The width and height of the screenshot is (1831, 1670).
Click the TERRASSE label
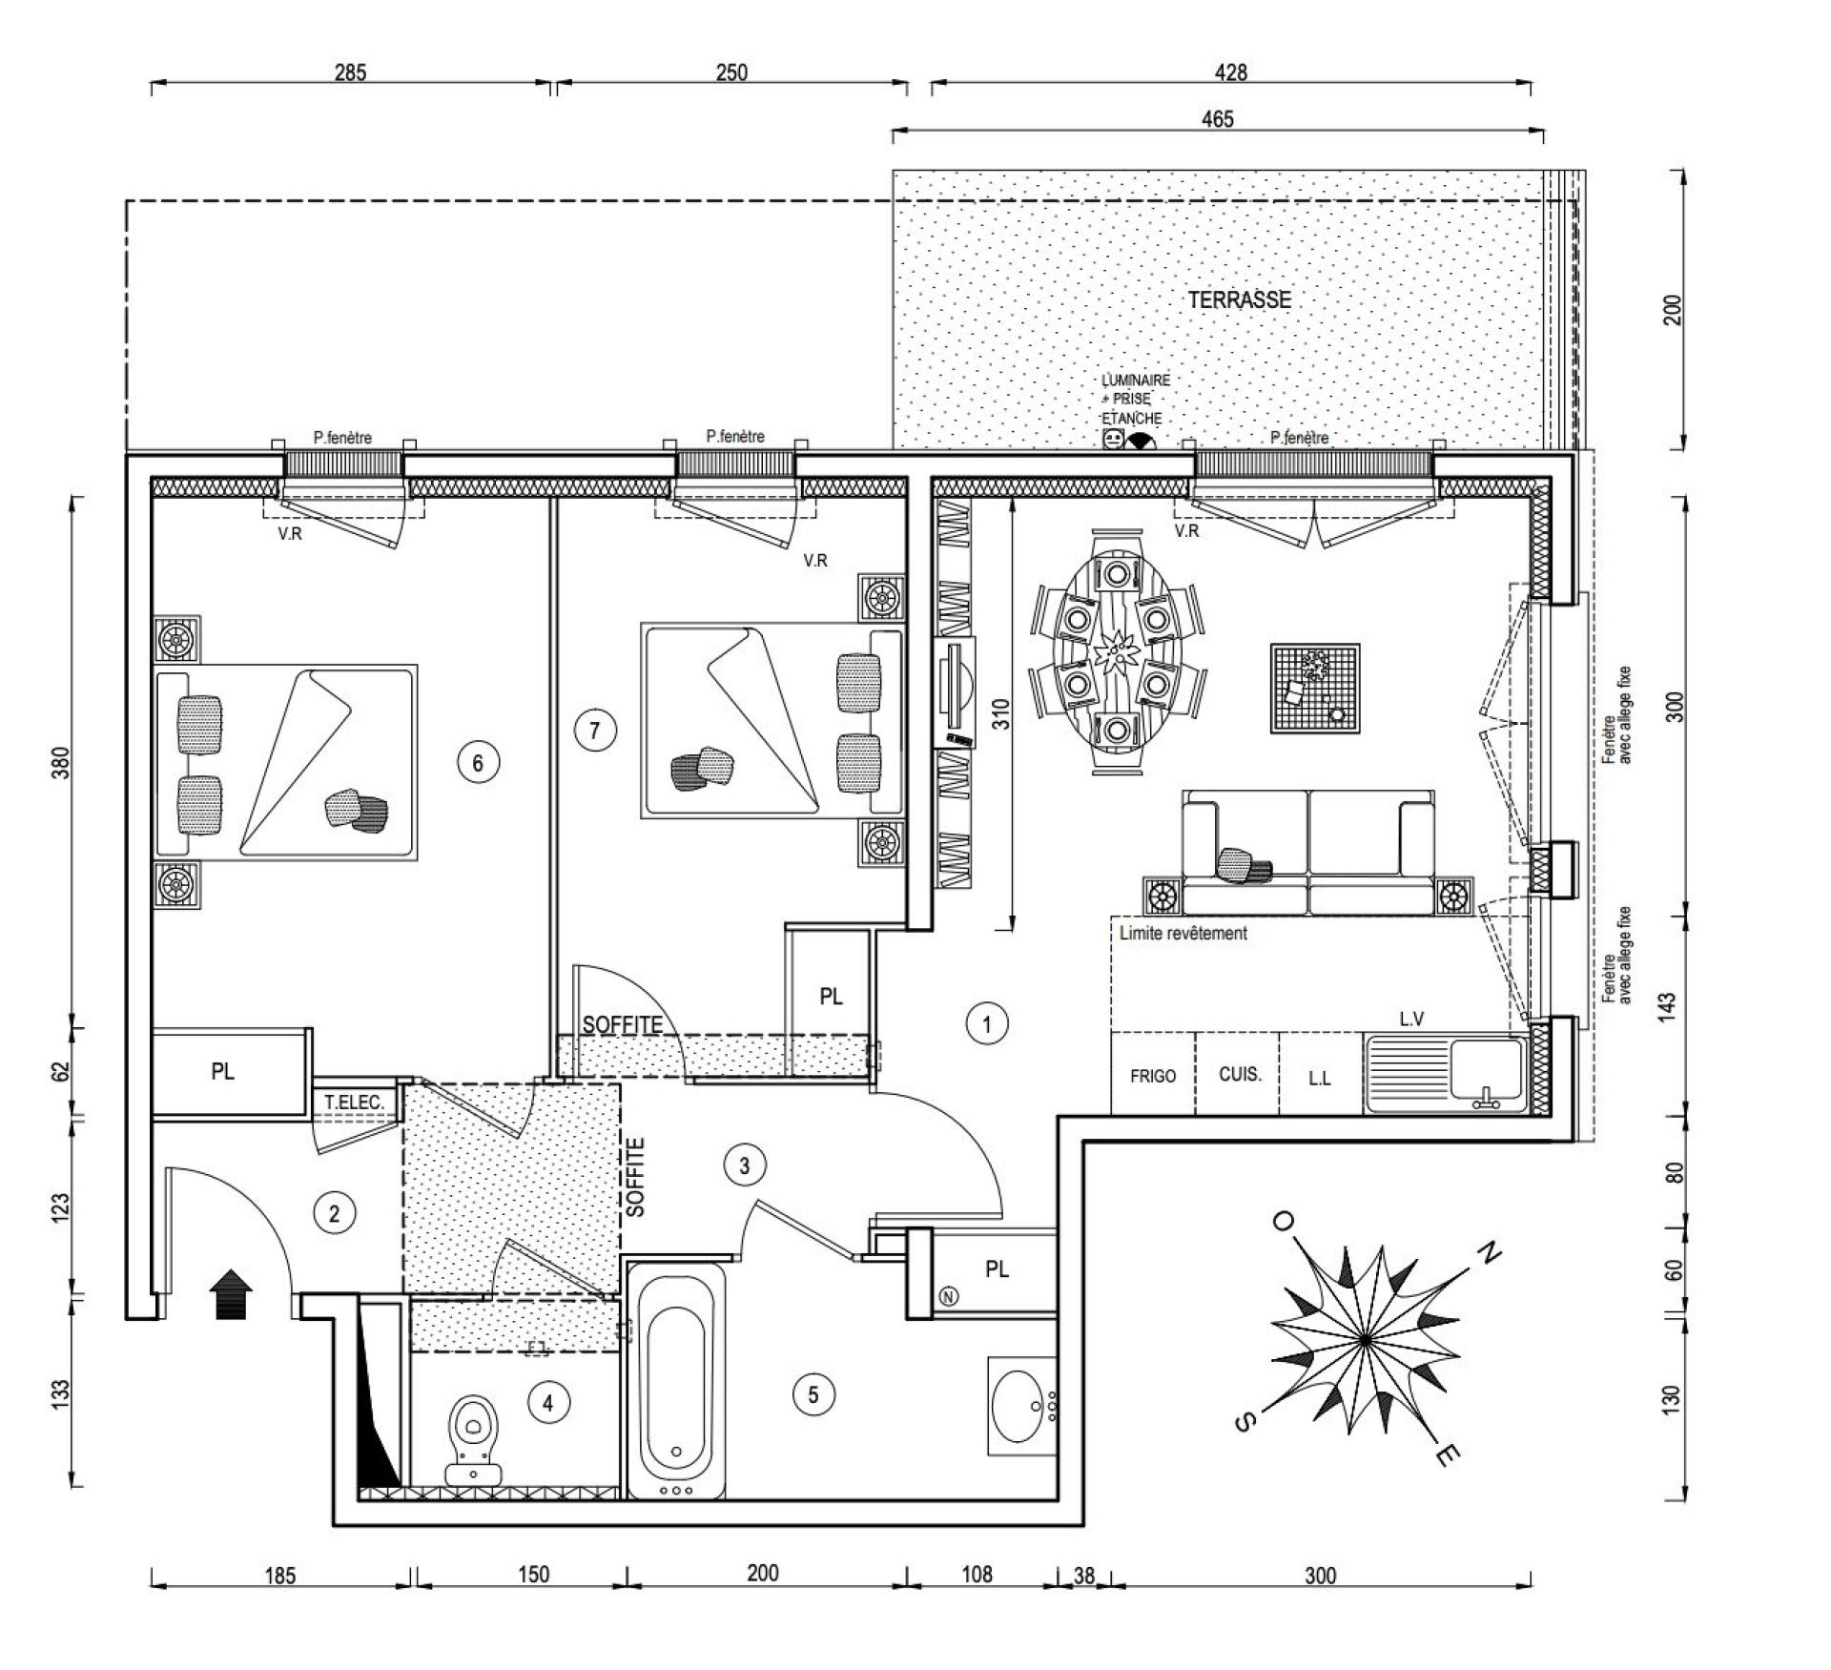click(x=1239, y=299)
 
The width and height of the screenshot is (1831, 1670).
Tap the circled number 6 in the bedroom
click(x=478, y=762)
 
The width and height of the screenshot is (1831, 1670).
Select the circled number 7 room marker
click(x=595, y=731)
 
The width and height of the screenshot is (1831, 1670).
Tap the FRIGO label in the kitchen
click(x=1152, y=1076)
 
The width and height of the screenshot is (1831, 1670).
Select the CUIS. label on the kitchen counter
click(x=1240, y=1074)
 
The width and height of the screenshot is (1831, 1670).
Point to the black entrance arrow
click(x=232, y=1294)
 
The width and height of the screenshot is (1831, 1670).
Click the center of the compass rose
click(x=1365, y=1340)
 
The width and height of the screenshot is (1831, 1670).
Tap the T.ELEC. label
click(x=354, y=1103)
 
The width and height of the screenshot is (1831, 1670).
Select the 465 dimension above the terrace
click(x=1218, y=118)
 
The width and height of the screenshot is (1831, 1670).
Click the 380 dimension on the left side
click(x=61, y=762)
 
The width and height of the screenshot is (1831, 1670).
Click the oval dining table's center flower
click(x=1115, y=654)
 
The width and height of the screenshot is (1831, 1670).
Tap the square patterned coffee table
click(x=1315, y=688)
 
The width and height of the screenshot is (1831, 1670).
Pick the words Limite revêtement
click(x=1183, y=933)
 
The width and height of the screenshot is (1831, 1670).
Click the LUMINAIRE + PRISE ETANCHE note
click(x=1135, y=400)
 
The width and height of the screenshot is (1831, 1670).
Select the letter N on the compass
click(x=1489, y=1251)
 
